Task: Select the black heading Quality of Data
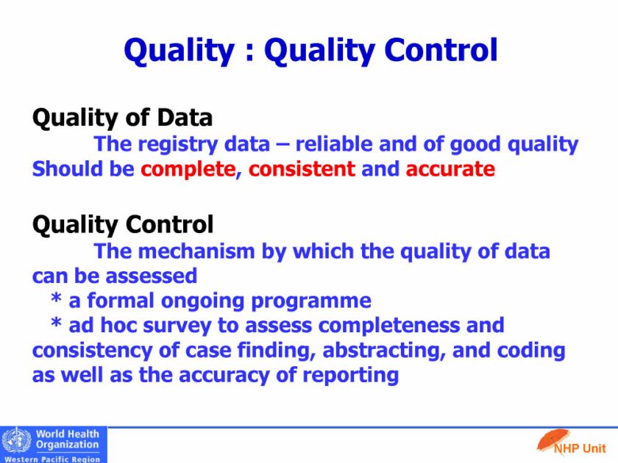122,118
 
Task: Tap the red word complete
188,169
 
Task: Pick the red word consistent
302,169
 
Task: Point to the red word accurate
450,169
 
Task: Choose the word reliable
334,144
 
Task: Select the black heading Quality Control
123,225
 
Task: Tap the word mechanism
196,251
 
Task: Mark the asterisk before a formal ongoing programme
57,298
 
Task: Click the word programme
311,301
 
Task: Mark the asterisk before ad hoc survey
57,323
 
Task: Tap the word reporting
350,376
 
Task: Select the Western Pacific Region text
52,459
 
